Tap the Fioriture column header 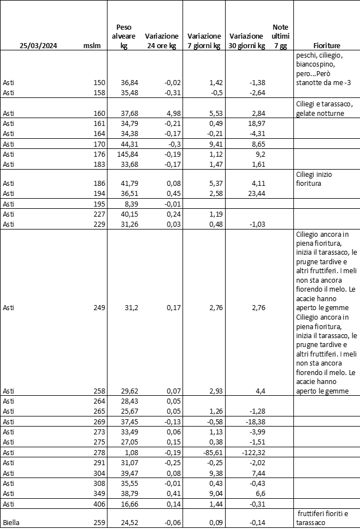coord(328,46)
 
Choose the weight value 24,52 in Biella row coord(129,523)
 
